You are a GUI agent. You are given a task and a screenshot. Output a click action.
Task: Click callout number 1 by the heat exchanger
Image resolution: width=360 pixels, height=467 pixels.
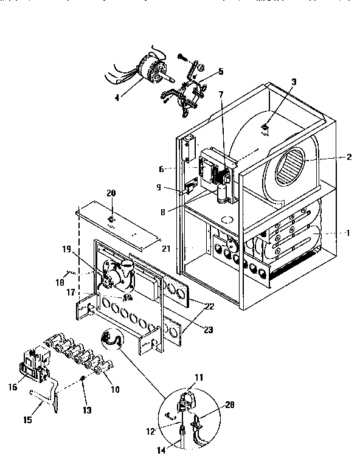click(347, 233)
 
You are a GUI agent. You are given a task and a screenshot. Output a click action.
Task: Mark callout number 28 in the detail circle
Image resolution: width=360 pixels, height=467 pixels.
click(229, 405)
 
